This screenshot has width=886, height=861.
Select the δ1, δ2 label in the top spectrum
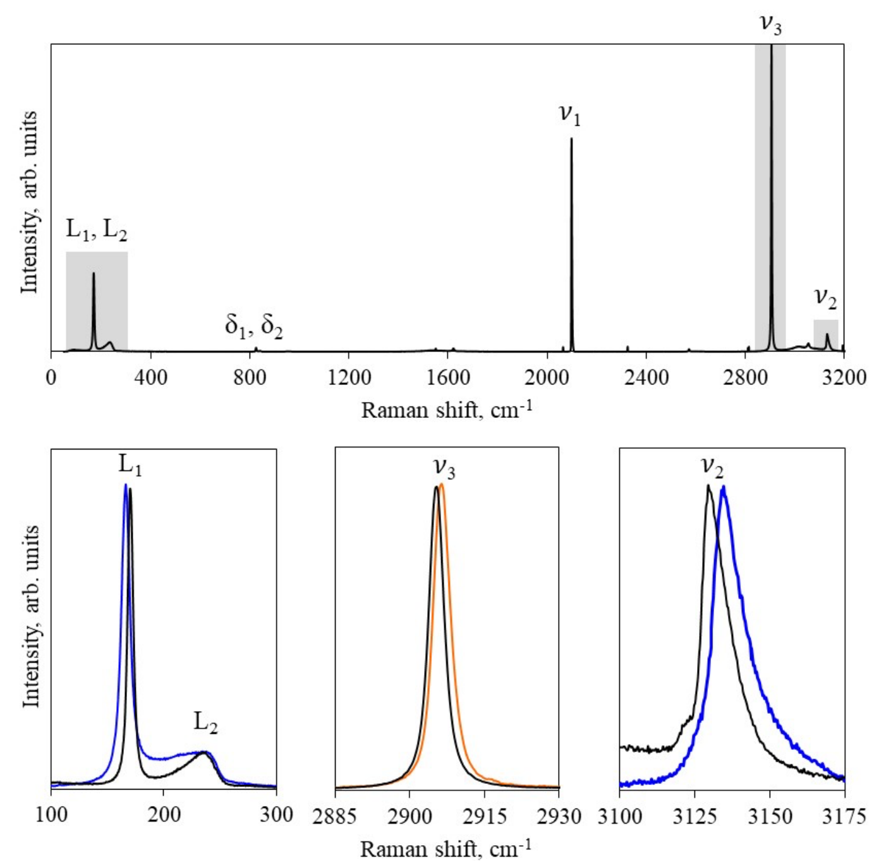click(253, 326)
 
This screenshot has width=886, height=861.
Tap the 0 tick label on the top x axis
click(51, 377)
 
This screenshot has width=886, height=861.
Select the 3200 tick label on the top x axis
click(844, 377)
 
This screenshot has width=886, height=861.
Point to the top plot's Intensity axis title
click(29, 202)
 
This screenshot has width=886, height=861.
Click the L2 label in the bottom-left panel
click(205, 722)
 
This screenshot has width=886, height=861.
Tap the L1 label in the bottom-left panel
click(130, 465)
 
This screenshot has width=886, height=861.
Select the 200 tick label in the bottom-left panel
click(164, 815)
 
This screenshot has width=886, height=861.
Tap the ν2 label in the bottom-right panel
click(712, 467)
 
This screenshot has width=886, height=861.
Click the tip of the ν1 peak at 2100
click(571, 138)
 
